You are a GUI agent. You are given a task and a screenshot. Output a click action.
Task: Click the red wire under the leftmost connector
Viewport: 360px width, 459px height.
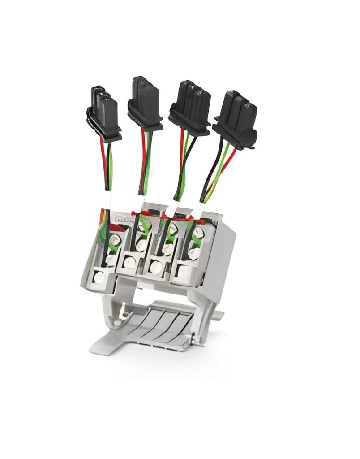[x=103, y=161]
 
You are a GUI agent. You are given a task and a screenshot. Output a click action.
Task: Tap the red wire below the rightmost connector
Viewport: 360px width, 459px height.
[x=229, y=161]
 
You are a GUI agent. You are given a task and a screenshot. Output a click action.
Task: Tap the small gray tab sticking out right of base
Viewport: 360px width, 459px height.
[x=218, y=316]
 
